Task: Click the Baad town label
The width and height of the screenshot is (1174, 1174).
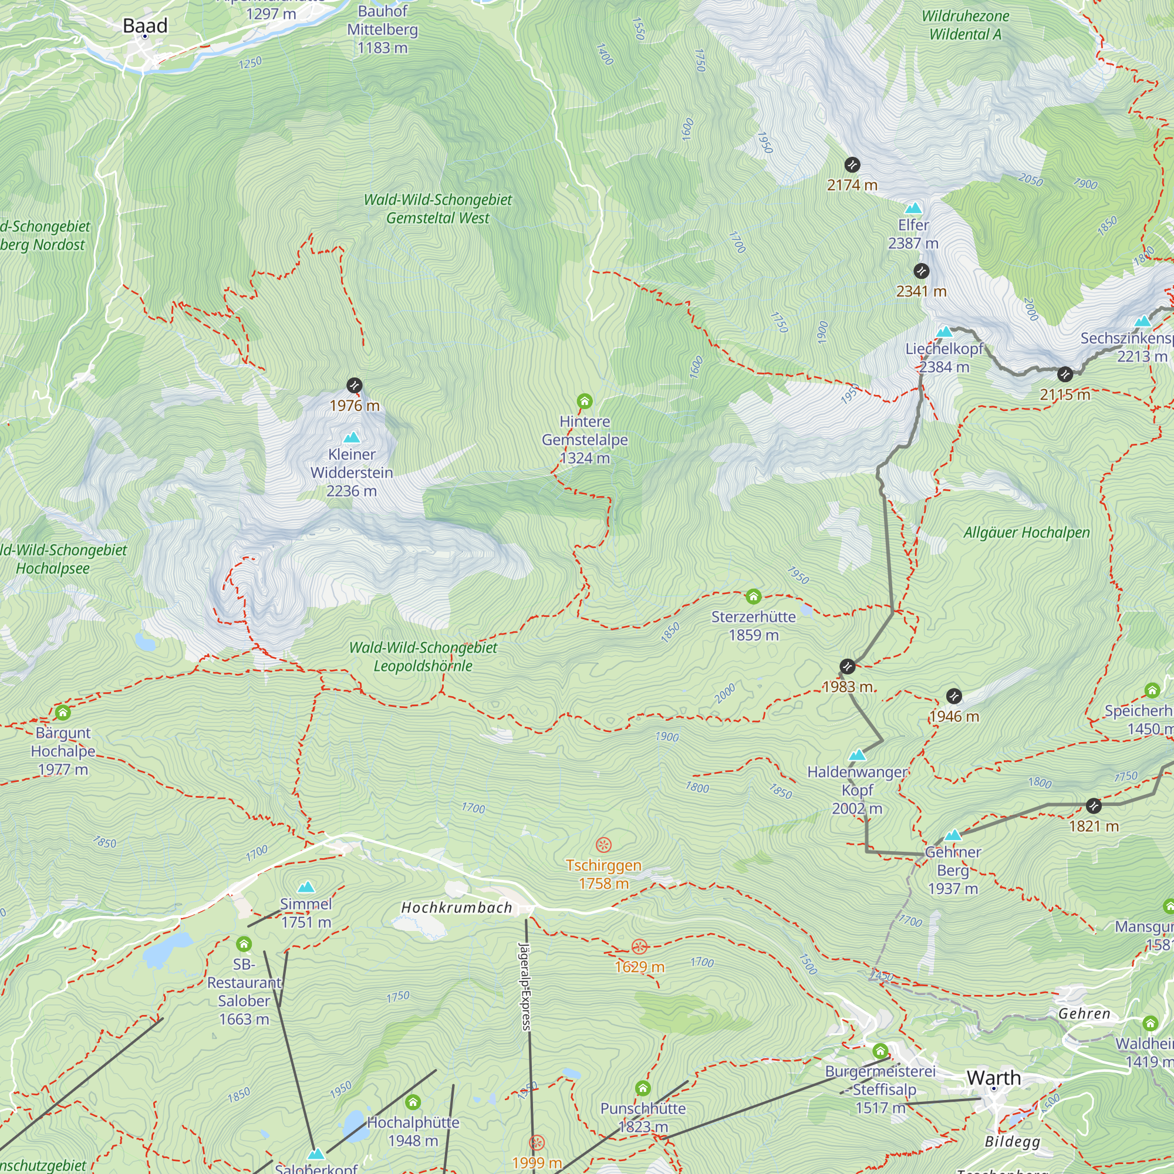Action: pos(144,25)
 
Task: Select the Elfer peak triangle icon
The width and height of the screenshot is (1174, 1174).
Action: pos(913,209)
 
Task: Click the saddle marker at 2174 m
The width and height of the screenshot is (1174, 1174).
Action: pos(852,165)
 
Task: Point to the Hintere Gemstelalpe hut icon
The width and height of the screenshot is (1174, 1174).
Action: pos(585,401)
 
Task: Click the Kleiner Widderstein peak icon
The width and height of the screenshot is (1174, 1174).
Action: pos(351,437)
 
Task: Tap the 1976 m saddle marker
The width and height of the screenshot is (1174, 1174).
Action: pos(355,385)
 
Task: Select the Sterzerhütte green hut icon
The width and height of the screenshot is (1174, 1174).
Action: pos(754,596)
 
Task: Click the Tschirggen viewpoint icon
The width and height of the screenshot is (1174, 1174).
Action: pos(603,845)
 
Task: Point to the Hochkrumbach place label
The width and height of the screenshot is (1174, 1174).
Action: pos(456,908)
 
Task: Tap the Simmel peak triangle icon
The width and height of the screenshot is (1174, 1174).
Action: pos(306,887)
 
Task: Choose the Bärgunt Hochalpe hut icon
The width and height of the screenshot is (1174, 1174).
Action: pos(63,712)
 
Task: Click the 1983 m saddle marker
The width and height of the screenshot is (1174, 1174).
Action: pos(847,667)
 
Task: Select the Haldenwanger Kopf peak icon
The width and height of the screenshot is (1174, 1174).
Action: pos(857,755)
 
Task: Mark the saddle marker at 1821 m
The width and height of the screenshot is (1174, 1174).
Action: pos(1093,806)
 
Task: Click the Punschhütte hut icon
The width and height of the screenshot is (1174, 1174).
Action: pos(643,1088)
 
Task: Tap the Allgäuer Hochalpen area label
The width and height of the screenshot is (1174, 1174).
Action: pos(1026,532)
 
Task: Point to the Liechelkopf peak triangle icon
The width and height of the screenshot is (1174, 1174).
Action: pos(944,332)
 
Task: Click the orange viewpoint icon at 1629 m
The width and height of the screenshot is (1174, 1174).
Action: pos(639,946)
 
